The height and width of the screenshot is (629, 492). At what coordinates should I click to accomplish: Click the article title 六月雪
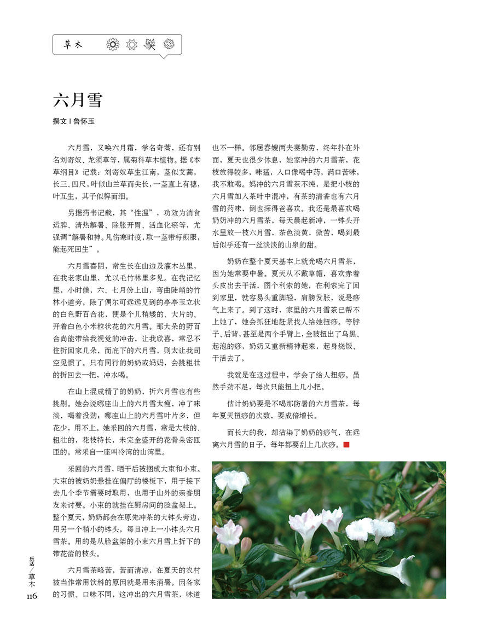77,100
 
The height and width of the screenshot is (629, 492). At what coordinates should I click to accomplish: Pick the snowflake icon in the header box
169,44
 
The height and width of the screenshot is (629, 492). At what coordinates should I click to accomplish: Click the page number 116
31,596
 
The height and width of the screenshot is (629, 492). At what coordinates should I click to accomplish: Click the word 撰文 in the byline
60,121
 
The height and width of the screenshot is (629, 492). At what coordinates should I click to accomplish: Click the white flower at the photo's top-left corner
231,480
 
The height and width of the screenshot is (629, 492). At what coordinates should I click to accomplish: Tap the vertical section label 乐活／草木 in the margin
31,572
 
